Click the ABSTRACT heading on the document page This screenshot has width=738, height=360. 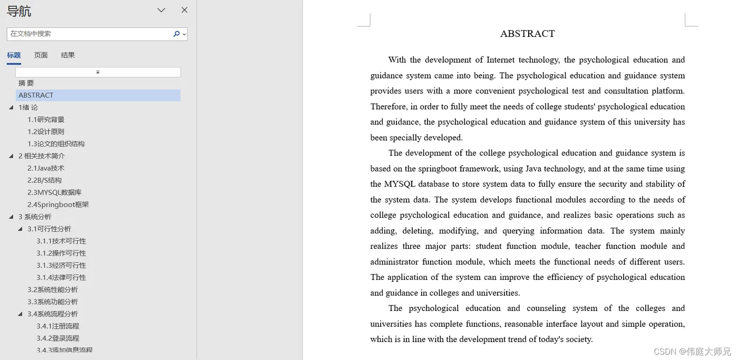point(527,34)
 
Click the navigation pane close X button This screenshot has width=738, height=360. point(184,10)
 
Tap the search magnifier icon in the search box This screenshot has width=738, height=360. point(177,34)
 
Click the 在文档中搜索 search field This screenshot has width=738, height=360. point(90,34)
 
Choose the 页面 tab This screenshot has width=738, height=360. point(41,55)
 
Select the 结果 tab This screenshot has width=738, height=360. point(68,55)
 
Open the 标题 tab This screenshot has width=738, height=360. point(14,55)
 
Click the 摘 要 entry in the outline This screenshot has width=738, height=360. point(26,83)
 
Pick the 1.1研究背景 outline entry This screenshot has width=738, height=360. point(46,120)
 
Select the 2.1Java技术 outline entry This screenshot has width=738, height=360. point(46,168)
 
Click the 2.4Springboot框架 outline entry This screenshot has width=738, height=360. point(58,205)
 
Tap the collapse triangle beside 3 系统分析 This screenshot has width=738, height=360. point(12,217)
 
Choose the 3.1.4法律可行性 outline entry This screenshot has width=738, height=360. point(61,277)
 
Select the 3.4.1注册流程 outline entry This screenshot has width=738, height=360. point(58,326)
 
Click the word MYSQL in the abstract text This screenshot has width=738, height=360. point(401,184)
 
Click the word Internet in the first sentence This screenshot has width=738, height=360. point(500,60)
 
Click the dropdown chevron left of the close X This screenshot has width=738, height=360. point(161,10)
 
